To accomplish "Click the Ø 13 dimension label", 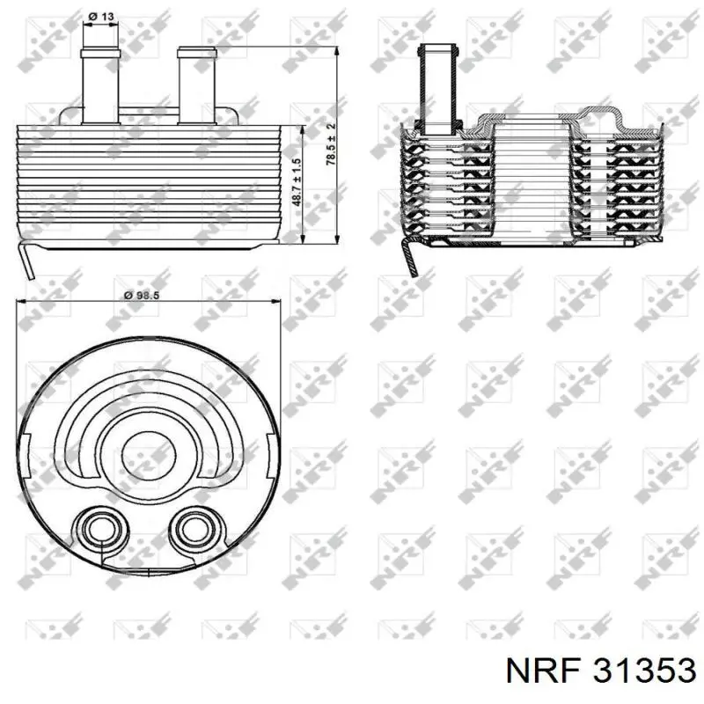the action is (101, 17).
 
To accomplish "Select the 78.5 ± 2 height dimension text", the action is (331, 144).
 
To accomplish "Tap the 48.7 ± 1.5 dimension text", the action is (297, 183).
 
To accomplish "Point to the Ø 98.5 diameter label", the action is (142, 295).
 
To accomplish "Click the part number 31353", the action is (644, 671).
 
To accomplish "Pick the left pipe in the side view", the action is (100, 85).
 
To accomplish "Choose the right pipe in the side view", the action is (197, 85).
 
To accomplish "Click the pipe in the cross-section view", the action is (437, 89).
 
